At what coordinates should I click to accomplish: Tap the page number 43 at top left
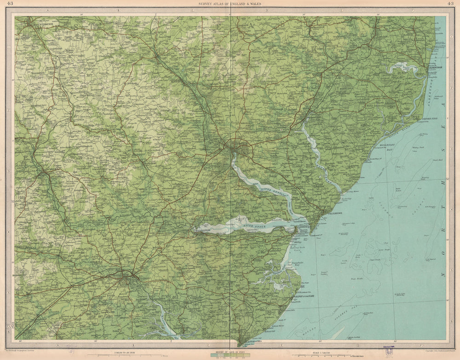[x=10, y=4]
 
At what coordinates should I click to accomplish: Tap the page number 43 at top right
[x=450, y=4]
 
